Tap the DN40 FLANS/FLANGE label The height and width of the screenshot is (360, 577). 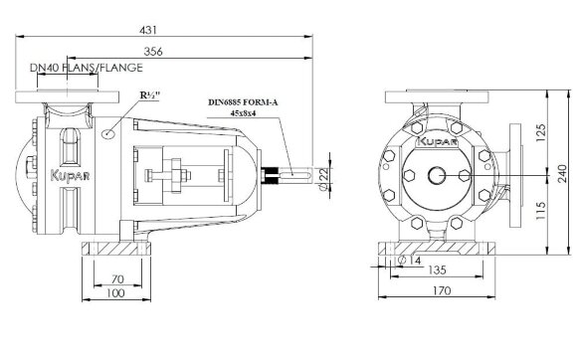point(86,68)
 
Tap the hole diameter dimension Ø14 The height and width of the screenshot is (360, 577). point(398,260)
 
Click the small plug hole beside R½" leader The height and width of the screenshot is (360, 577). point(109,131)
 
